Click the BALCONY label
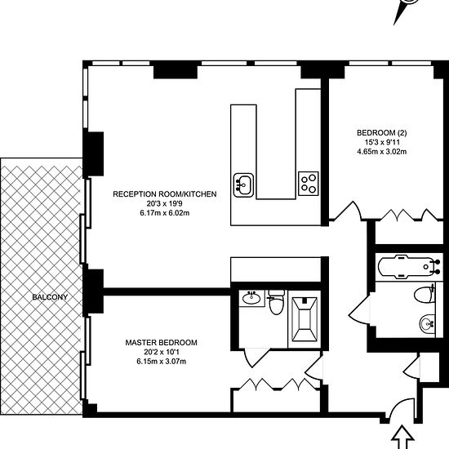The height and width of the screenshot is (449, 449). click(x=50, y=297)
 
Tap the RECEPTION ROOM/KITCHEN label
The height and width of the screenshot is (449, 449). click(x=165, y=194)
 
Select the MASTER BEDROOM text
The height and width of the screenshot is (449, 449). click(x=161, y=343)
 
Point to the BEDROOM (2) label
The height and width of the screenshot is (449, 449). click(x=382, y=133)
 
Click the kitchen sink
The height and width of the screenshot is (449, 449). click(x=243, y=185)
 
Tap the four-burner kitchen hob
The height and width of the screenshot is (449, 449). click(x=309, y=184)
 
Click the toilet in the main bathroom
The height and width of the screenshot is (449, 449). click(x=425, y=294)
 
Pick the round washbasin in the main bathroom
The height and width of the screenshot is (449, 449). click(x=428, y=324)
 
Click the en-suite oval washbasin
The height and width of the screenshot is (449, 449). click(x=251, y=298)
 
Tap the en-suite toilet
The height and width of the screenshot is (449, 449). click(x=276, y=302)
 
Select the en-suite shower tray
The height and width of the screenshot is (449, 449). click(x=305, y=319)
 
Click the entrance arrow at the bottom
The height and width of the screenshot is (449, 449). click(x=402, y=438)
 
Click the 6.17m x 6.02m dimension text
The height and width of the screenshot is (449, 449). click(x=165, y=213)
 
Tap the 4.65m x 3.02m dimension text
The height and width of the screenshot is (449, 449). click(x=382, y=152)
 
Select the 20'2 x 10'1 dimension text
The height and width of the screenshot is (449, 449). click(x=162, y=352)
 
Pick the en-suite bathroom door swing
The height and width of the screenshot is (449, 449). click(x=256, y=358)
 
